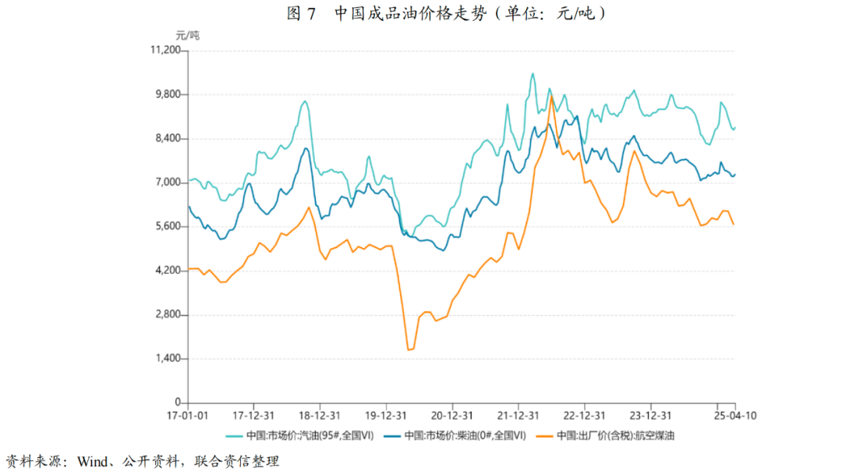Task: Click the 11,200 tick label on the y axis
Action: click(165, 51)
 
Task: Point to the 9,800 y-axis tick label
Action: click(167, 94)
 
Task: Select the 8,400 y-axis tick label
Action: click(167, 139)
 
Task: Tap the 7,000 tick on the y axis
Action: click(167, 183)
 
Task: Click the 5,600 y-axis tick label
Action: click(167, 227)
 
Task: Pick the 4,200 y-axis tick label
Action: click(167, 271)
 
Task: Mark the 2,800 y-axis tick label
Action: click(167, 315)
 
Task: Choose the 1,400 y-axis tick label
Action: click(167, 359)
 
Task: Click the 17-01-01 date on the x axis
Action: click(189, 416)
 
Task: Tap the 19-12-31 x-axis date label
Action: click(387, 416)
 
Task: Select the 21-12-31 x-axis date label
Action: click(519, 416)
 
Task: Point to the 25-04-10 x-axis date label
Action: click(736, 416)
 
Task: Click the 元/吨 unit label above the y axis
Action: click(187, 35)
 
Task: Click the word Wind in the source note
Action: click(93, 461)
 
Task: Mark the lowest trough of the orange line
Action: click(409, 349)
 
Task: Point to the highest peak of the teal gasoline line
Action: click(532, 74)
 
